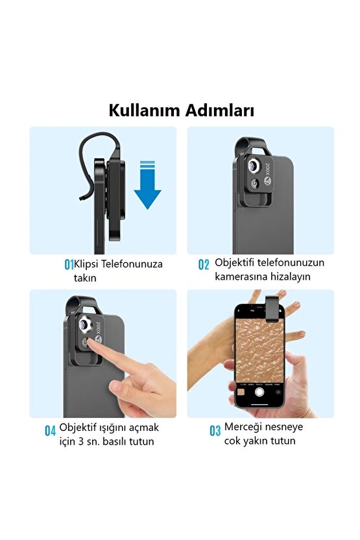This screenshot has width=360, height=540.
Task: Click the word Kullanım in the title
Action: [x=144, y=111]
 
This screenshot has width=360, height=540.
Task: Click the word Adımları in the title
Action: [x=217, y=111]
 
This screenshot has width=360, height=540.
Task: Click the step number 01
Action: [x=69, y=265]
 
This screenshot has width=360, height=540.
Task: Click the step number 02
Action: [x=204, y=265]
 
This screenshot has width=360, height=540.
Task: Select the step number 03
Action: [x=215, y=430]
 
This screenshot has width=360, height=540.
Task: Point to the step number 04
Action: [x=51, y=430]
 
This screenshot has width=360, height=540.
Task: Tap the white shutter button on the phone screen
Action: [x=259, y=391]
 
